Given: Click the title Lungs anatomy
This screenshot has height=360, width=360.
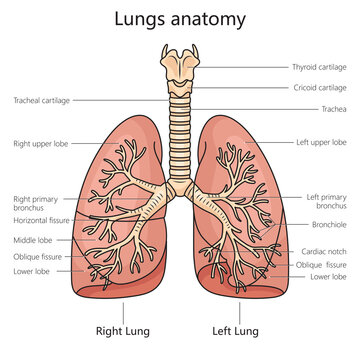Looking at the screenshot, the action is point(180,20).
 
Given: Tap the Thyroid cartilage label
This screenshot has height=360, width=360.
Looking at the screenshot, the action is point(320,67).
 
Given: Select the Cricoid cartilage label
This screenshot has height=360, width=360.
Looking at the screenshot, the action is point(321,88).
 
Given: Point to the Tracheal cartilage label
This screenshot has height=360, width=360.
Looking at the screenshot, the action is point(42,100).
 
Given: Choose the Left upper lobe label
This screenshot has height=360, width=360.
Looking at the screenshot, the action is point(321,143).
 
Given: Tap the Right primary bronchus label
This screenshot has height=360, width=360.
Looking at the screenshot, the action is point(37,203).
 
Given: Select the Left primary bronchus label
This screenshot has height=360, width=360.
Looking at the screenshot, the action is point(326,202).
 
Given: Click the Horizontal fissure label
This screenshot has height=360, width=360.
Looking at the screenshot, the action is point(40,220).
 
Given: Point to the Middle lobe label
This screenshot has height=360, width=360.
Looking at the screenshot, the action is point(32,240).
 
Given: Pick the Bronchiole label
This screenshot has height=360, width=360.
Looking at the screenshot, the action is point(327,227).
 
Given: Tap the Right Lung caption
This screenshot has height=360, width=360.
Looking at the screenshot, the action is point(123,329).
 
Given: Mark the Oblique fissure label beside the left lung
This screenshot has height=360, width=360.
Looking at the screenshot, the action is point(322,265).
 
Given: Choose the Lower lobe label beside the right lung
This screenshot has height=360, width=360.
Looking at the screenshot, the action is point(31,271).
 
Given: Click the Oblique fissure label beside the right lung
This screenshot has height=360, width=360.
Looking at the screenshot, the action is point(37,257).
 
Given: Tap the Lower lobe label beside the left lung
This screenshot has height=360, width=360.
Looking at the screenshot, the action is point(328,277).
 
